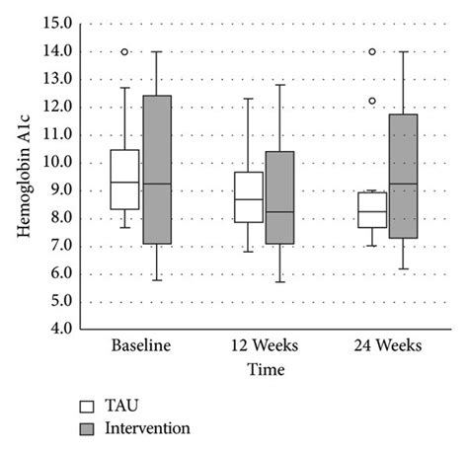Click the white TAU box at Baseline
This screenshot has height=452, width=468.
123,180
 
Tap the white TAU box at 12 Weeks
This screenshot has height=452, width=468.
249,197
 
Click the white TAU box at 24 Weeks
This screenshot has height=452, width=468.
372,209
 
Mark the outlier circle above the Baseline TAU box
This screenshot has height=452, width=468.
123,52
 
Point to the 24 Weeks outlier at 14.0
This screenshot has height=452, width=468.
372,52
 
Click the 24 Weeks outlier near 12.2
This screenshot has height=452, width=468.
372,101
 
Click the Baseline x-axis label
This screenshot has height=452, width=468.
140,346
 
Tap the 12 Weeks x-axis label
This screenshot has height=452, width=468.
265,346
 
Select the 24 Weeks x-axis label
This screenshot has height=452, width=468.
389,346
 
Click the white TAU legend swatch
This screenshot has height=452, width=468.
87,406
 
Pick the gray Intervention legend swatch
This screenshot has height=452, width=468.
87,428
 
